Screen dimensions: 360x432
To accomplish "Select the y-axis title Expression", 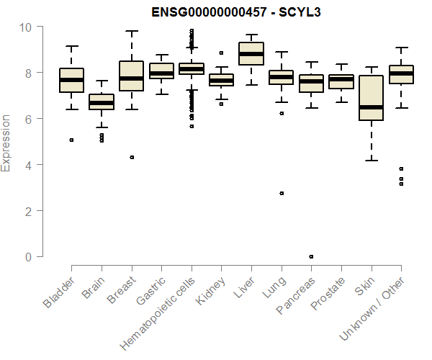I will [6, 143].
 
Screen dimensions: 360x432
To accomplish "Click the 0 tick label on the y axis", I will [29, 257].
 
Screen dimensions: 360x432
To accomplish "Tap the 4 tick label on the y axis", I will [29, 165].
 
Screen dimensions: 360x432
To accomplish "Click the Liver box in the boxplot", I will [251, 53].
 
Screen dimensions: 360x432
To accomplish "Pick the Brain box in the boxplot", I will [102, 102].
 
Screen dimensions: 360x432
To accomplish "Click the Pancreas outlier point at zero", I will [311, 256].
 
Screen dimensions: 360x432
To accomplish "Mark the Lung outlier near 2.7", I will [281, 193].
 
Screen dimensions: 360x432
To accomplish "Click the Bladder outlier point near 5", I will [71, 140].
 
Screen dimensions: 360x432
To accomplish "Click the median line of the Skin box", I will [371, 107].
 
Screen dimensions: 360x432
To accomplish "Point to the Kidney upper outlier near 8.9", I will [221, 53].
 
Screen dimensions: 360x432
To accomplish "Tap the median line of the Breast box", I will [131, 78].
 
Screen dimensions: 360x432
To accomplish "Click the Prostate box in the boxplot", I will [341, 81].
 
